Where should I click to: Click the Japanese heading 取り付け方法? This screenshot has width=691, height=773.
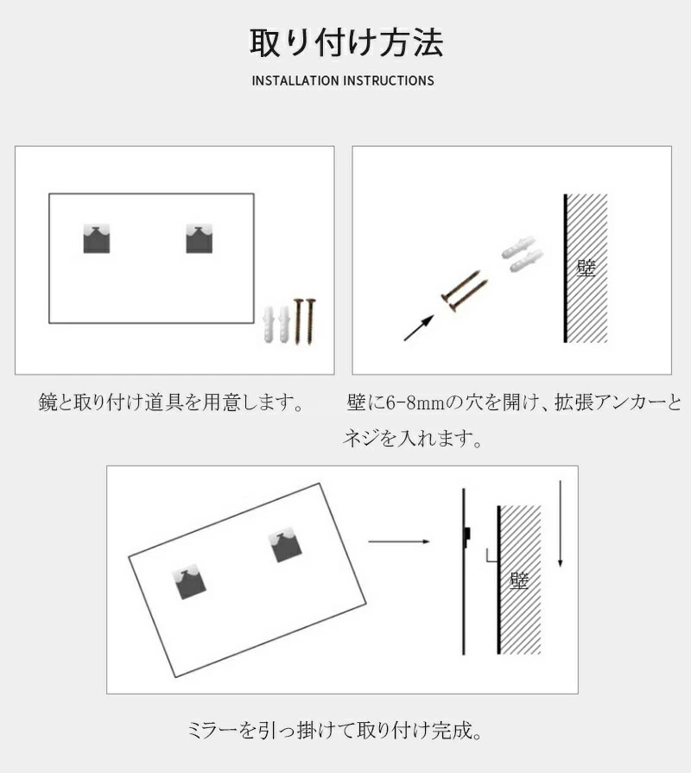pos(346,42)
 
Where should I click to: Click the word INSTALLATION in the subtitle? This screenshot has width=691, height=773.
pos(295,81)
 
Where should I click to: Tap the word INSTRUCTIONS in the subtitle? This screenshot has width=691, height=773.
pos(389,81)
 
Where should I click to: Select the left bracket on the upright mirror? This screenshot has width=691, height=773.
pos(97,238)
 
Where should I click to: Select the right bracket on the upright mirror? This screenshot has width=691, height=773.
pos(200,238)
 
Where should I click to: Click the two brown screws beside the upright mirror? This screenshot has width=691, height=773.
pos(305,321)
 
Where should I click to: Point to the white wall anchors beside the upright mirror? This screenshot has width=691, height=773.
pos(277,325)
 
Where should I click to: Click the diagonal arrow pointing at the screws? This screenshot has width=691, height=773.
pos(419,328)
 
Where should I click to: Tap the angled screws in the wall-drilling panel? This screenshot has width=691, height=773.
pos(465,291)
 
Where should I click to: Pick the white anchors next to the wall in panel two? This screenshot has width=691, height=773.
pos(522,255)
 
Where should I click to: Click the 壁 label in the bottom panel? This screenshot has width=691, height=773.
pos(519,580)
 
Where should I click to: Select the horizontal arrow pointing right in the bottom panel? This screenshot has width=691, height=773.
pos(399,542)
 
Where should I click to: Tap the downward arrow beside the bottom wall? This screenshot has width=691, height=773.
pos(560,524)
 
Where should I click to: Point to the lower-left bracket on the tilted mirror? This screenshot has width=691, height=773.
pos(189,582)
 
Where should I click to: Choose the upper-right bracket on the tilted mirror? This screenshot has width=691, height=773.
pos(285,545)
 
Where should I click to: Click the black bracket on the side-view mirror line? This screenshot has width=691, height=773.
pos(466,534)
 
